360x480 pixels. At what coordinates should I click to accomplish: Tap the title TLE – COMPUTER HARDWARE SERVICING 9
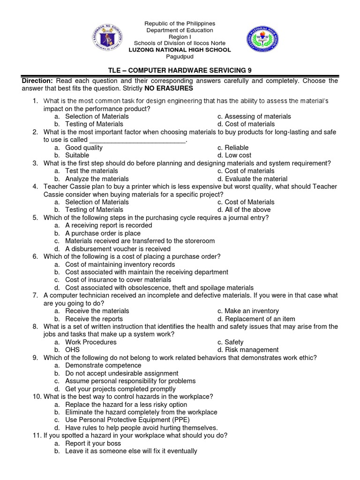coord(180,70)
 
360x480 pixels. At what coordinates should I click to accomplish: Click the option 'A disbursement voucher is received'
coord(118,249)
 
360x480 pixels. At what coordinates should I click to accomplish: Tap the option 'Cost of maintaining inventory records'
coord(120,264)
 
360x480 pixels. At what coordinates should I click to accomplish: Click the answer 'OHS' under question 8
coord(72,350)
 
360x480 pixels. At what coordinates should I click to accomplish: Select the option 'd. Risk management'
coord(248,350)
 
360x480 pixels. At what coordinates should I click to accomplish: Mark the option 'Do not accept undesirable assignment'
coord(121,373)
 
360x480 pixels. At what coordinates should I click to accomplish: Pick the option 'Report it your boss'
coord(93,443)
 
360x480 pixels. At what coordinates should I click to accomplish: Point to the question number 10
coord(37,397)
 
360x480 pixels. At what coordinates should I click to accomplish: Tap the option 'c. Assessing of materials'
coord(254,116)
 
